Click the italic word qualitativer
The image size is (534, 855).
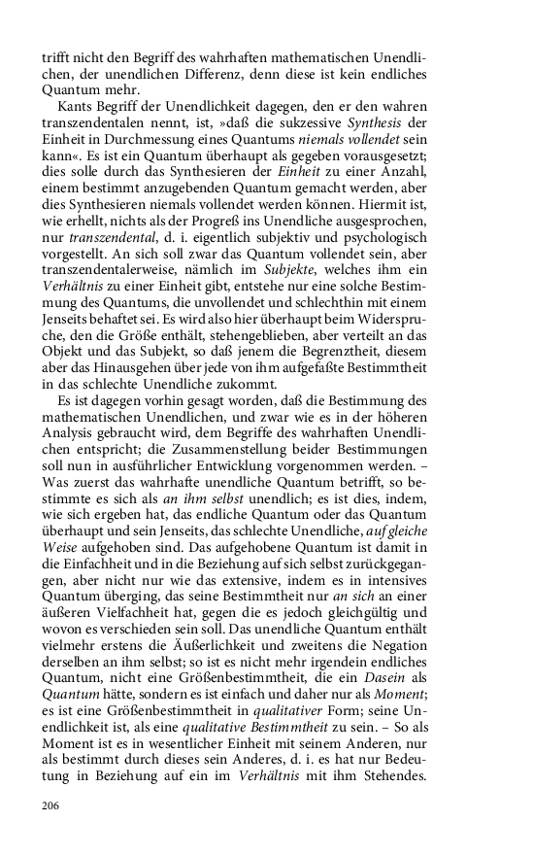coord(284,757)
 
